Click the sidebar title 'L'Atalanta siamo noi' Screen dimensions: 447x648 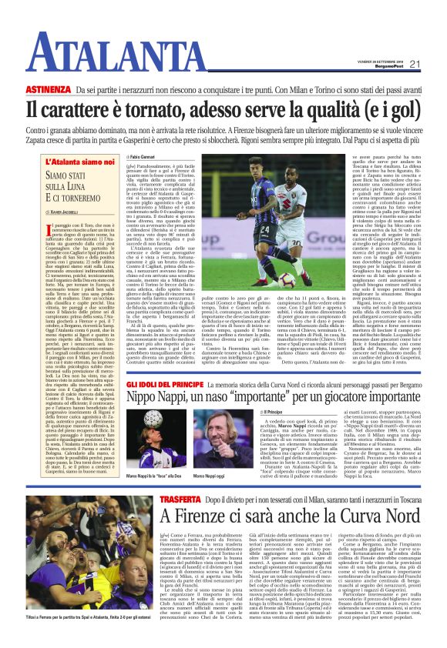point(82,162)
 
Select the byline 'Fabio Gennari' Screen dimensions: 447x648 point(146,158)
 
